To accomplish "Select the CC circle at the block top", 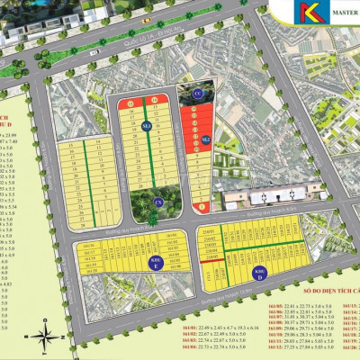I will (198, 93).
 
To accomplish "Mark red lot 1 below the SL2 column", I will (202, 207).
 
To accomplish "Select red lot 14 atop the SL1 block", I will (155, 100).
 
